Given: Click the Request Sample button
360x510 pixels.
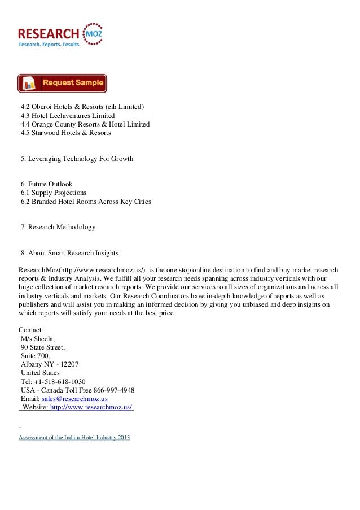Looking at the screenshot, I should tap(62, 83).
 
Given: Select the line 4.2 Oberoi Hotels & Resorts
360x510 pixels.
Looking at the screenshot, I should tap(82, 107).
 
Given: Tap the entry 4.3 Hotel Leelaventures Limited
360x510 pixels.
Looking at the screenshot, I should tap(67, 116).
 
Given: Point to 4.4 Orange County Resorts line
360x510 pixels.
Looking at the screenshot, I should tap(85, 124).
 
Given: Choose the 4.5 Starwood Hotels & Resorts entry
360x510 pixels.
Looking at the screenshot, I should tap(65, 133).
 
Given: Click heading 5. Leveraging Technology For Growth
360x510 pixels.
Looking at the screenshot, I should tap(77, 159).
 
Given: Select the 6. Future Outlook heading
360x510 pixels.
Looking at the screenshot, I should tap(46, 184).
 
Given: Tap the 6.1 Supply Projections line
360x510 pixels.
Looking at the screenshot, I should tap(53, 193).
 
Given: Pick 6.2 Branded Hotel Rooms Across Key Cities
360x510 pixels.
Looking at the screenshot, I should tap(85, 202).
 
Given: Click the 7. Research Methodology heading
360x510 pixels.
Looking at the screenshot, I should tap(58, 227).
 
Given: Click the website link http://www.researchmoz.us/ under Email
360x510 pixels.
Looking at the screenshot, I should tap(91, 407).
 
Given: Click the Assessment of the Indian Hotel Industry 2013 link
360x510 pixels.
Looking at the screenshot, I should tap(74, 438).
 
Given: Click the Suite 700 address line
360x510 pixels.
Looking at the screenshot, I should tap(35, 356).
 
